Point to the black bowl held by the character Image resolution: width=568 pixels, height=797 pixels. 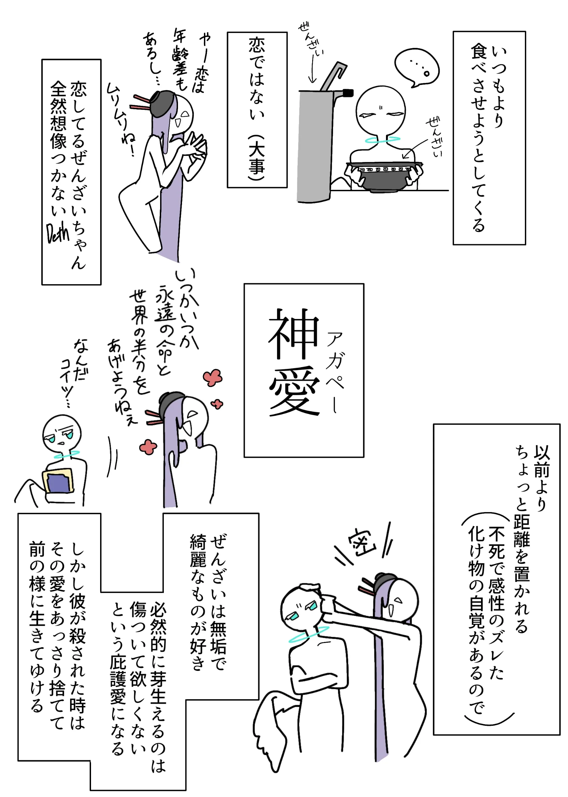pos(384,177)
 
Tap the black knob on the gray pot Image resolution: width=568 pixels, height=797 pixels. pos(348,93)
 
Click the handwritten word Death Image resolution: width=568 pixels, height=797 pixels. pos(58,233)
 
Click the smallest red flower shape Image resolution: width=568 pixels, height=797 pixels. pos(217,405)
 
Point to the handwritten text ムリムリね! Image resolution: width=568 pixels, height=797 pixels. pos(121,119)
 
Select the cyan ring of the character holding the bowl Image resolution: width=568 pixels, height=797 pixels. pos(382,140)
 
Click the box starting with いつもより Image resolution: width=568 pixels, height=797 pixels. pos(489,138)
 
